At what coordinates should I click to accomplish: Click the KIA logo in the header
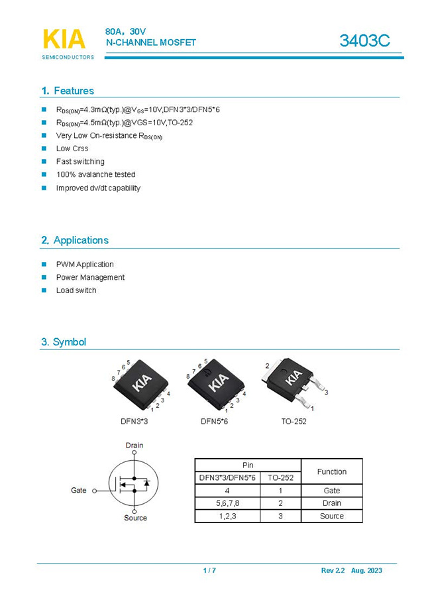pos(65,40)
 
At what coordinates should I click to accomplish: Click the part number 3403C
pos(364,40)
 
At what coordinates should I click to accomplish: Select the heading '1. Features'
pos(68,91)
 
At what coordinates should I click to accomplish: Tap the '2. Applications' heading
pos(75,240)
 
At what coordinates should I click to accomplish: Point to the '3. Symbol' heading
pos(64,342)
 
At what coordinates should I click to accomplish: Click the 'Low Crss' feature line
pos(72,149)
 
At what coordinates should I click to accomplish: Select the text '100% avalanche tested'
pos(95,174)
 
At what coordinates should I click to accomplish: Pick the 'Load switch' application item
pos(76,290)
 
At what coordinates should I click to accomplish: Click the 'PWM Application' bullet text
pos(85,264)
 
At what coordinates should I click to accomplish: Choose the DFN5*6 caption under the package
pos(214,421)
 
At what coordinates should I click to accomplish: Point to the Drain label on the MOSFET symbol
pos(134,446)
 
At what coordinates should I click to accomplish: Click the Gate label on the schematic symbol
pos(79,491)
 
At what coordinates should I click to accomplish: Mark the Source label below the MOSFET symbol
pos(135,518)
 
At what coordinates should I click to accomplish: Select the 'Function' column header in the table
pos(331,471)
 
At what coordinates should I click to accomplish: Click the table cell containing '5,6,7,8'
pos(227,503)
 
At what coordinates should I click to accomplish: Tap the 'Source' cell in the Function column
pos(331,516)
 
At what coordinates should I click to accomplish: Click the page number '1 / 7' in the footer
pos(209,570)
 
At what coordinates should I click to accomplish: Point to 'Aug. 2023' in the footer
pos(366,570)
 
